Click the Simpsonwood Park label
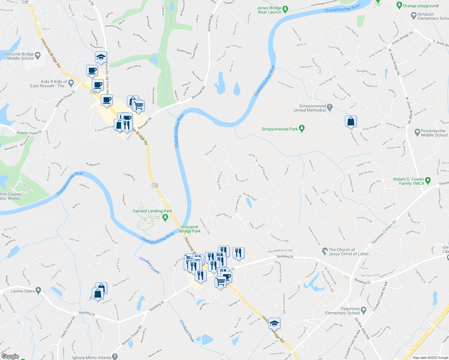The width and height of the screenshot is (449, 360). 280,129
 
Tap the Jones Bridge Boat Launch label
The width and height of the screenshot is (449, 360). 270,10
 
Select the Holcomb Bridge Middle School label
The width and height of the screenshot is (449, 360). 19,56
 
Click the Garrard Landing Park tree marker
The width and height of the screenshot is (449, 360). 165,217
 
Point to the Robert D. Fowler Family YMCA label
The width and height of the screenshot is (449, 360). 409,181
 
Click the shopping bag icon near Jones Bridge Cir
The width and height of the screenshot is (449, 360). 351,122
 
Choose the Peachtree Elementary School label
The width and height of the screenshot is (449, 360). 342,311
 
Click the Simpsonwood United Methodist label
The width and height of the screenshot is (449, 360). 310,108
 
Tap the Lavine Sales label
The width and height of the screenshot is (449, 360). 23,291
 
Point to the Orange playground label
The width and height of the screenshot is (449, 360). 420,6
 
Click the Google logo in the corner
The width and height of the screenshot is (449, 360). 10,356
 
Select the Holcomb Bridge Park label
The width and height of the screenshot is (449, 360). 190,229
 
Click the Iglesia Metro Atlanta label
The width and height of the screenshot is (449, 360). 92,357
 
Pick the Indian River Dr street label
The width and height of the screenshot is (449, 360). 224,215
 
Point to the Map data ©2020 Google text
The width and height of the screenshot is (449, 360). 430,358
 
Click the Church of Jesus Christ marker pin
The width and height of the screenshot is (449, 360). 324,250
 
